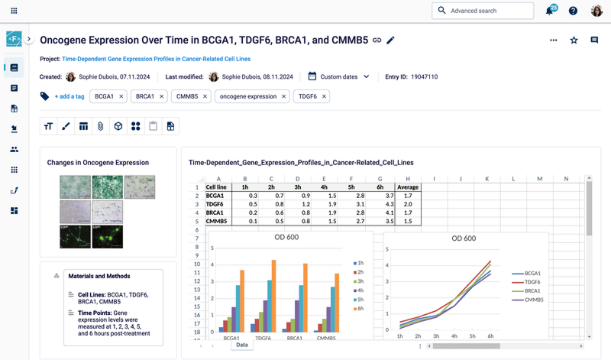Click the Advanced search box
click(483, 11)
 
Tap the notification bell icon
click(549, 11)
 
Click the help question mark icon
click(574, 11)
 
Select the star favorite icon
click(574, 41)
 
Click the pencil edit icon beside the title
click(391, 40)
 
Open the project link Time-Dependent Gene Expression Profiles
click(156, 59)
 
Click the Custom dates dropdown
click(339, 76)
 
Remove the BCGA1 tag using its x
click(121, 96)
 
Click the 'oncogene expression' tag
click(247, 96)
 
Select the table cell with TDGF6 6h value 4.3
click(380, 205)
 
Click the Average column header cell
click(407, 187)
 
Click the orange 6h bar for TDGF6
click(273, 294)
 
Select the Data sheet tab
click(241, 345)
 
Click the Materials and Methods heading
click(99, 276)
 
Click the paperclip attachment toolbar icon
click(100, 126)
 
